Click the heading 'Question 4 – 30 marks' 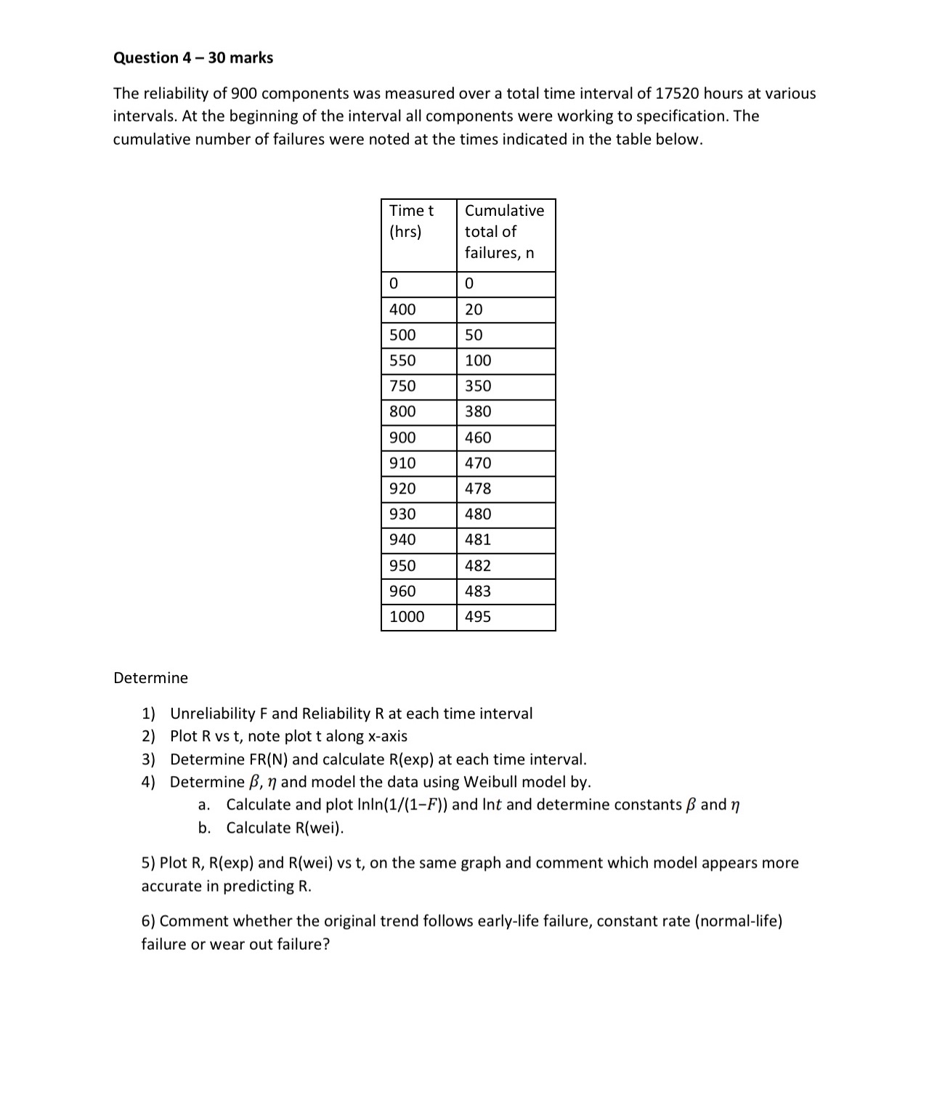click(x=193, y=58)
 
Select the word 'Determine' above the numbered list click(x=150, y=678)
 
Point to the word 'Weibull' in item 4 click(x=490, y=782)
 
